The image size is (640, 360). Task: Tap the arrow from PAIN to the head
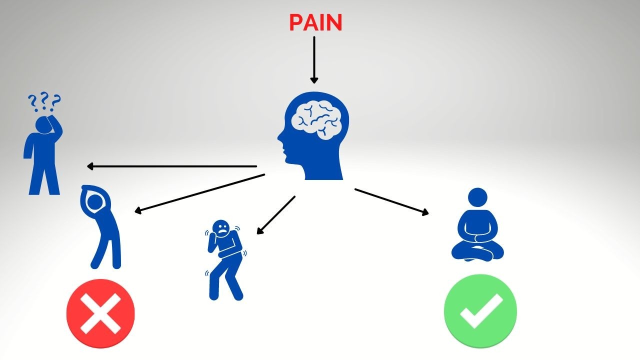tap(314, 60)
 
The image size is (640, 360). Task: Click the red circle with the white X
tap(100, 313)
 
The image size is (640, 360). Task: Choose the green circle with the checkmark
tap(480, 310)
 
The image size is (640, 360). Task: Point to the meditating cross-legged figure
tap(477, 227)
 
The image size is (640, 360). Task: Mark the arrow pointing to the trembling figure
tap(276, 215)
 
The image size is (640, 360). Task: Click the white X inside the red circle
tap(100, 313)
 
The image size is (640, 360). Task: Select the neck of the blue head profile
tap(322, 170)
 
